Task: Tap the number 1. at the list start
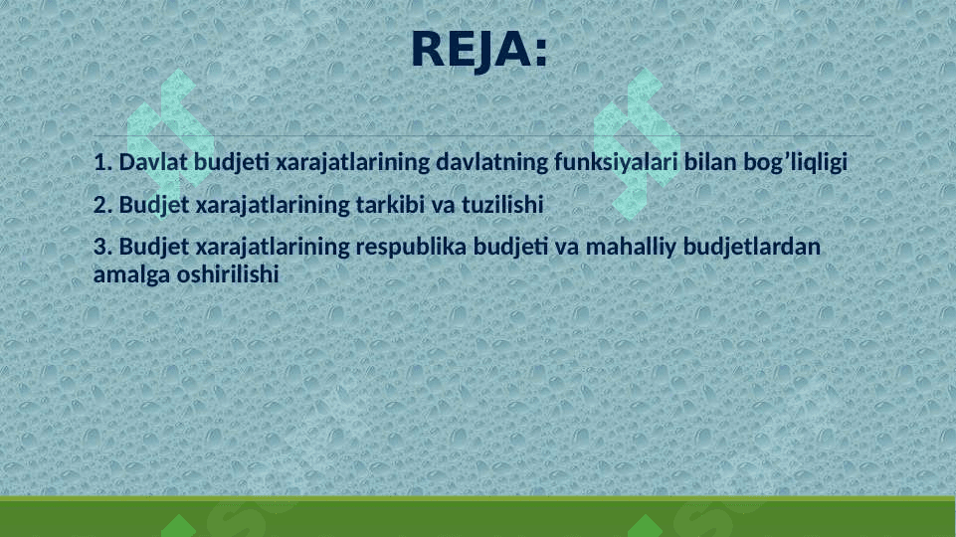[x=103, y=162]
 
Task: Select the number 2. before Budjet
[x=103, y=205]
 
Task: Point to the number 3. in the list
[x=103, y=247]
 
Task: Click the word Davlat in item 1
[x=153, y=162]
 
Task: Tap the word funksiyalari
[x=616, y=162]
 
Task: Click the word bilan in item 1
[x=710, y=162]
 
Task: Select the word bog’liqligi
[x=795, y=163]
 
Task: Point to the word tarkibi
[x=390, y=205]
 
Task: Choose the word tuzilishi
[x=502, y=205]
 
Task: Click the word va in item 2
[x=444, y=207]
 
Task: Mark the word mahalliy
[x=631, y=248]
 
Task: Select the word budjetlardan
[x=752, y=248]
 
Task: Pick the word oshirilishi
[x=228, y=274]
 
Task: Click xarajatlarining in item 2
[x=273, y=206]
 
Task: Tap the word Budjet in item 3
[x=154, y=248]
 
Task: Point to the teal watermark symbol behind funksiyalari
[x=637, y=144]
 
